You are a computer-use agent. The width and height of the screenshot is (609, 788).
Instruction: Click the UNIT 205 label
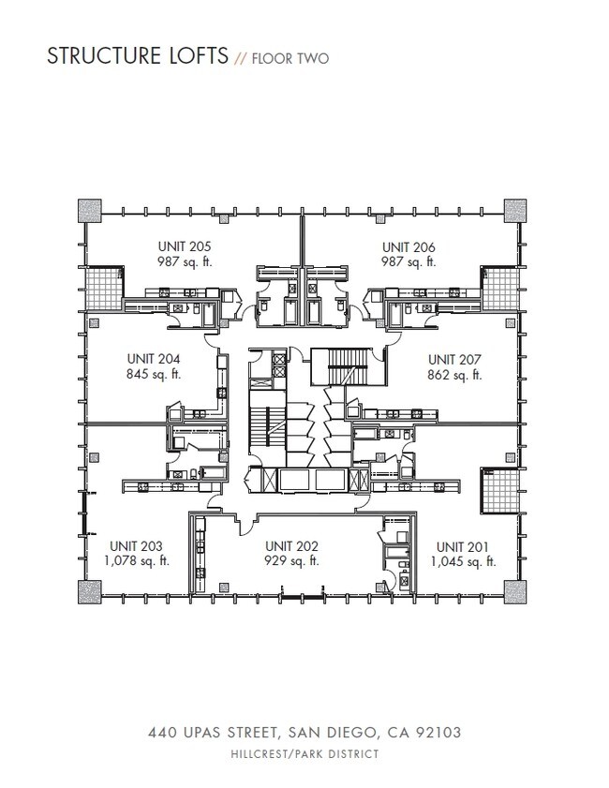pyautogui.click(x=185, y=247)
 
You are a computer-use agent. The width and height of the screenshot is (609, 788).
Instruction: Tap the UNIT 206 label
pyautogui.click(x=408, y=247)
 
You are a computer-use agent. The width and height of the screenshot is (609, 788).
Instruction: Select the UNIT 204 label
pyautogui.click(x=153, y=359)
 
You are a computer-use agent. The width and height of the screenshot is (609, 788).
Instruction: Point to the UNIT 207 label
pyautogui.click(x=454, y=359)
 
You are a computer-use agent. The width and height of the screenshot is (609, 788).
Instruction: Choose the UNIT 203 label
pyautogui.click(x=137, y=545)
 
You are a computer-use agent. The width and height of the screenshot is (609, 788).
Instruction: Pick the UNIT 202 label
pyautogui.click(x=291, y=545)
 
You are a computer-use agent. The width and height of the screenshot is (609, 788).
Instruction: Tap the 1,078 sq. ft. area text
pyautogui.click(x=137, y=561)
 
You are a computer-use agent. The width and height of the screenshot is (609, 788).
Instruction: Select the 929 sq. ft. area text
pyautogui.click(x=291, y=561)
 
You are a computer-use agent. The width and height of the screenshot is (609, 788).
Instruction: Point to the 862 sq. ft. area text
pyautogui.click(x=454, y=375)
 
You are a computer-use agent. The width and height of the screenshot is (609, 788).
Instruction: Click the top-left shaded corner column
pyautogui.click(x=90, y=210)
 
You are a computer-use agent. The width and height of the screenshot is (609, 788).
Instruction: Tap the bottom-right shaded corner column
pyautogui.click(x=516, y=592)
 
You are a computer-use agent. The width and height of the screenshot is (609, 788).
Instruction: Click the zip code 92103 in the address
pyautogui.click(x=434, y=731)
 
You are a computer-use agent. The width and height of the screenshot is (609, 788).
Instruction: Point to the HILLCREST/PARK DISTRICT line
pyautogui.click(x=304, y=753)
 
